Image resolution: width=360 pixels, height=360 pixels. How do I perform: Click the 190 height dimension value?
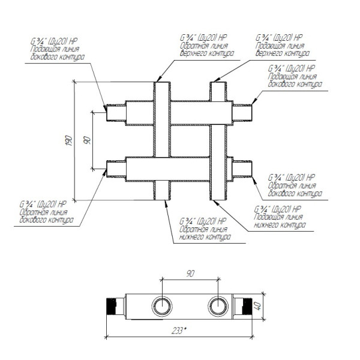click(x=69, y=140)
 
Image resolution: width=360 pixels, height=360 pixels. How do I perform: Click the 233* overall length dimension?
click(x=179, y=331)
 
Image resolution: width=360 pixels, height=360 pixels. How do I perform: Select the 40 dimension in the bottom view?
click(x=258, y=306)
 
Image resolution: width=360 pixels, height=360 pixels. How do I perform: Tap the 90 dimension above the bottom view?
click(x=190, y=274)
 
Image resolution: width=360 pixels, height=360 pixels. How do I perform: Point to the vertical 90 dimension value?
click(x=87, y=140)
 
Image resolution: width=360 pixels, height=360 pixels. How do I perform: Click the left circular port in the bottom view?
click(x=162, y=306)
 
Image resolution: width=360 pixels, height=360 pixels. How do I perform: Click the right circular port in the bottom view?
click(x=218, y=306)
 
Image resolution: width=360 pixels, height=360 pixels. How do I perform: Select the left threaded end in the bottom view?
click(x=112, y=307)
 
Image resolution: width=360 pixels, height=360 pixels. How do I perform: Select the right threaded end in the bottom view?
click(x=247, y=307)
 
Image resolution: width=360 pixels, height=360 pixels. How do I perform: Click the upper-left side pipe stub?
click(x=116, y=113)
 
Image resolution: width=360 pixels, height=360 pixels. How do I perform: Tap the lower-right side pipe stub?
click(x=242, y=169)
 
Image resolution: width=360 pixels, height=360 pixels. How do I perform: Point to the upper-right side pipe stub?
click(x=242, y=113)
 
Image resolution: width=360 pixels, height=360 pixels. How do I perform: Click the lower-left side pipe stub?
click(x=116, y=169)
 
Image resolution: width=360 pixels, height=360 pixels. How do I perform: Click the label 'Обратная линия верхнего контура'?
click(x=207, y=50)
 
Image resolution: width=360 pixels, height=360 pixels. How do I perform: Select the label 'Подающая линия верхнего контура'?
click(x=283, y=50)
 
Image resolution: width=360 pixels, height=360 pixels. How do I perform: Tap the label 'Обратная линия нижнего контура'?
click(x=205, y=233)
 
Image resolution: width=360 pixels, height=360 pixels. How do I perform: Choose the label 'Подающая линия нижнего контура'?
click(x=280, y=221)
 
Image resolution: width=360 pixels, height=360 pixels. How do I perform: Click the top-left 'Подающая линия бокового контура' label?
click(x=58, y=53)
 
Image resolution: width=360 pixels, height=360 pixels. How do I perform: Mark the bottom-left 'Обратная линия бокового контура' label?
click(x=47, y=216)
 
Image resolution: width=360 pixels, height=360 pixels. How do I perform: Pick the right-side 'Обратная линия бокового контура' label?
click(x=295, y=190)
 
